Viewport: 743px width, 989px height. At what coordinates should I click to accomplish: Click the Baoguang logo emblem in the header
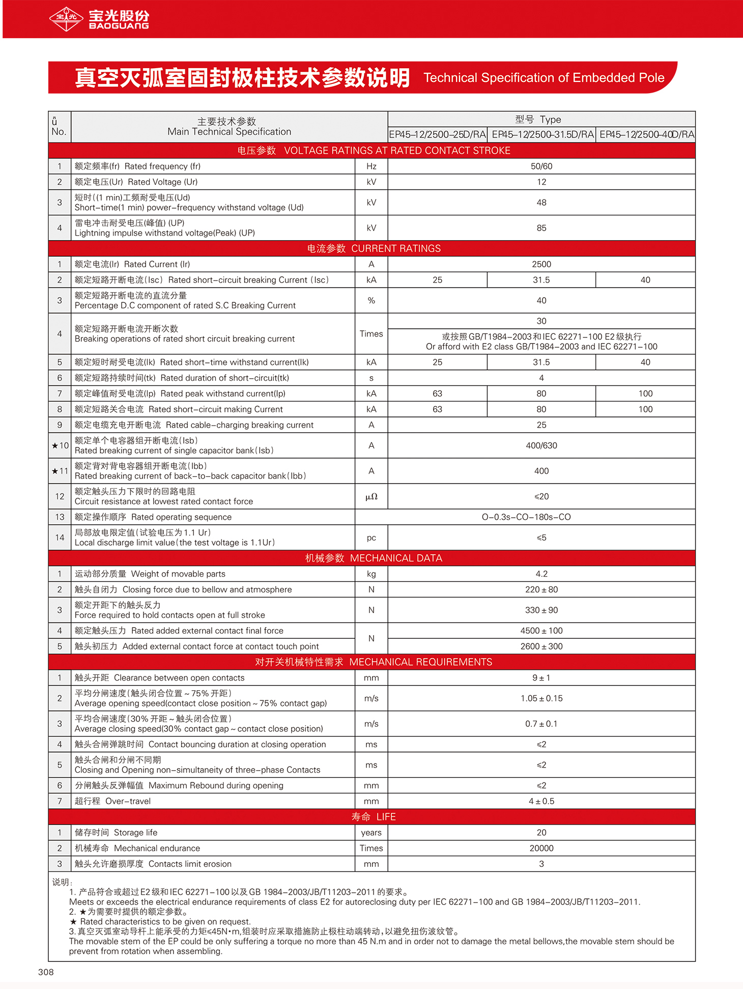66,19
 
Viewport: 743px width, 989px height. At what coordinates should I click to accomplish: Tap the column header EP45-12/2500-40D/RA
646,134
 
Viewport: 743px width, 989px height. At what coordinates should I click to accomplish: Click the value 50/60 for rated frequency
541,166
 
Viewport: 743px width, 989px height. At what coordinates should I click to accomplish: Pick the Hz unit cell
371,166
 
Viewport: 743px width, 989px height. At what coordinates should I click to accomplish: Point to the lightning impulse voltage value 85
541,228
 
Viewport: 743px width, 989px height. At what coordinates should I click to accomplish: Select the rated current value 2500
541,264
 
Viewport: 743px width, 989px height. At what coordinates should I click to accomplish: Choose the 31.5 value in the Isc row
541,280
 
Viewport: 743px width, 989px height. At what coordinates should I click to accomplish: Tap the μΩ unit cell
371,497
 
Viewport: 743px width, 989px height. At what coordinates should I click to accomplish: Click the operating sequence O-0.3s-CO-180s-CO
526,517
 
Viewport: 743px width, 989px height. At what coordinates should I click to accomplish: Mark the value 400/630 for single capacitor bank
541,445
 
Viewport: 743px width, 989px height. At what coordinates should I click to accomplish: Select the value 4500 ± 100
541,631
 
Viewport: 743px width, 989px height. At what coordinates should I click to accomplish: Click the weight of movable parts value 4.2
541,574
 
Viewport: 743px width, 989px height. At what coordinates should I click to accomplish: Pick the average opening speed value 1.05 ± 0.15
541,698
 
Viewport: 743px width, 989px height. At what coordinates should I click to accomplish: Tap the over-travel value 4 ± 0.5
541,801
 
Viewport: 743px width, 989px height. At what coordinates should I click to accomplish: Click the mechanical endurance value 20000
541,848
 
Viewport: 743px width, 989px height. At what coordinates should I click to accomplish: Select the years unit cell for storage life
371,833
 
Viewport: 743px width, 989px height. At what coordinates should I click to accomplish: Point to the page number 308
46,972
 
